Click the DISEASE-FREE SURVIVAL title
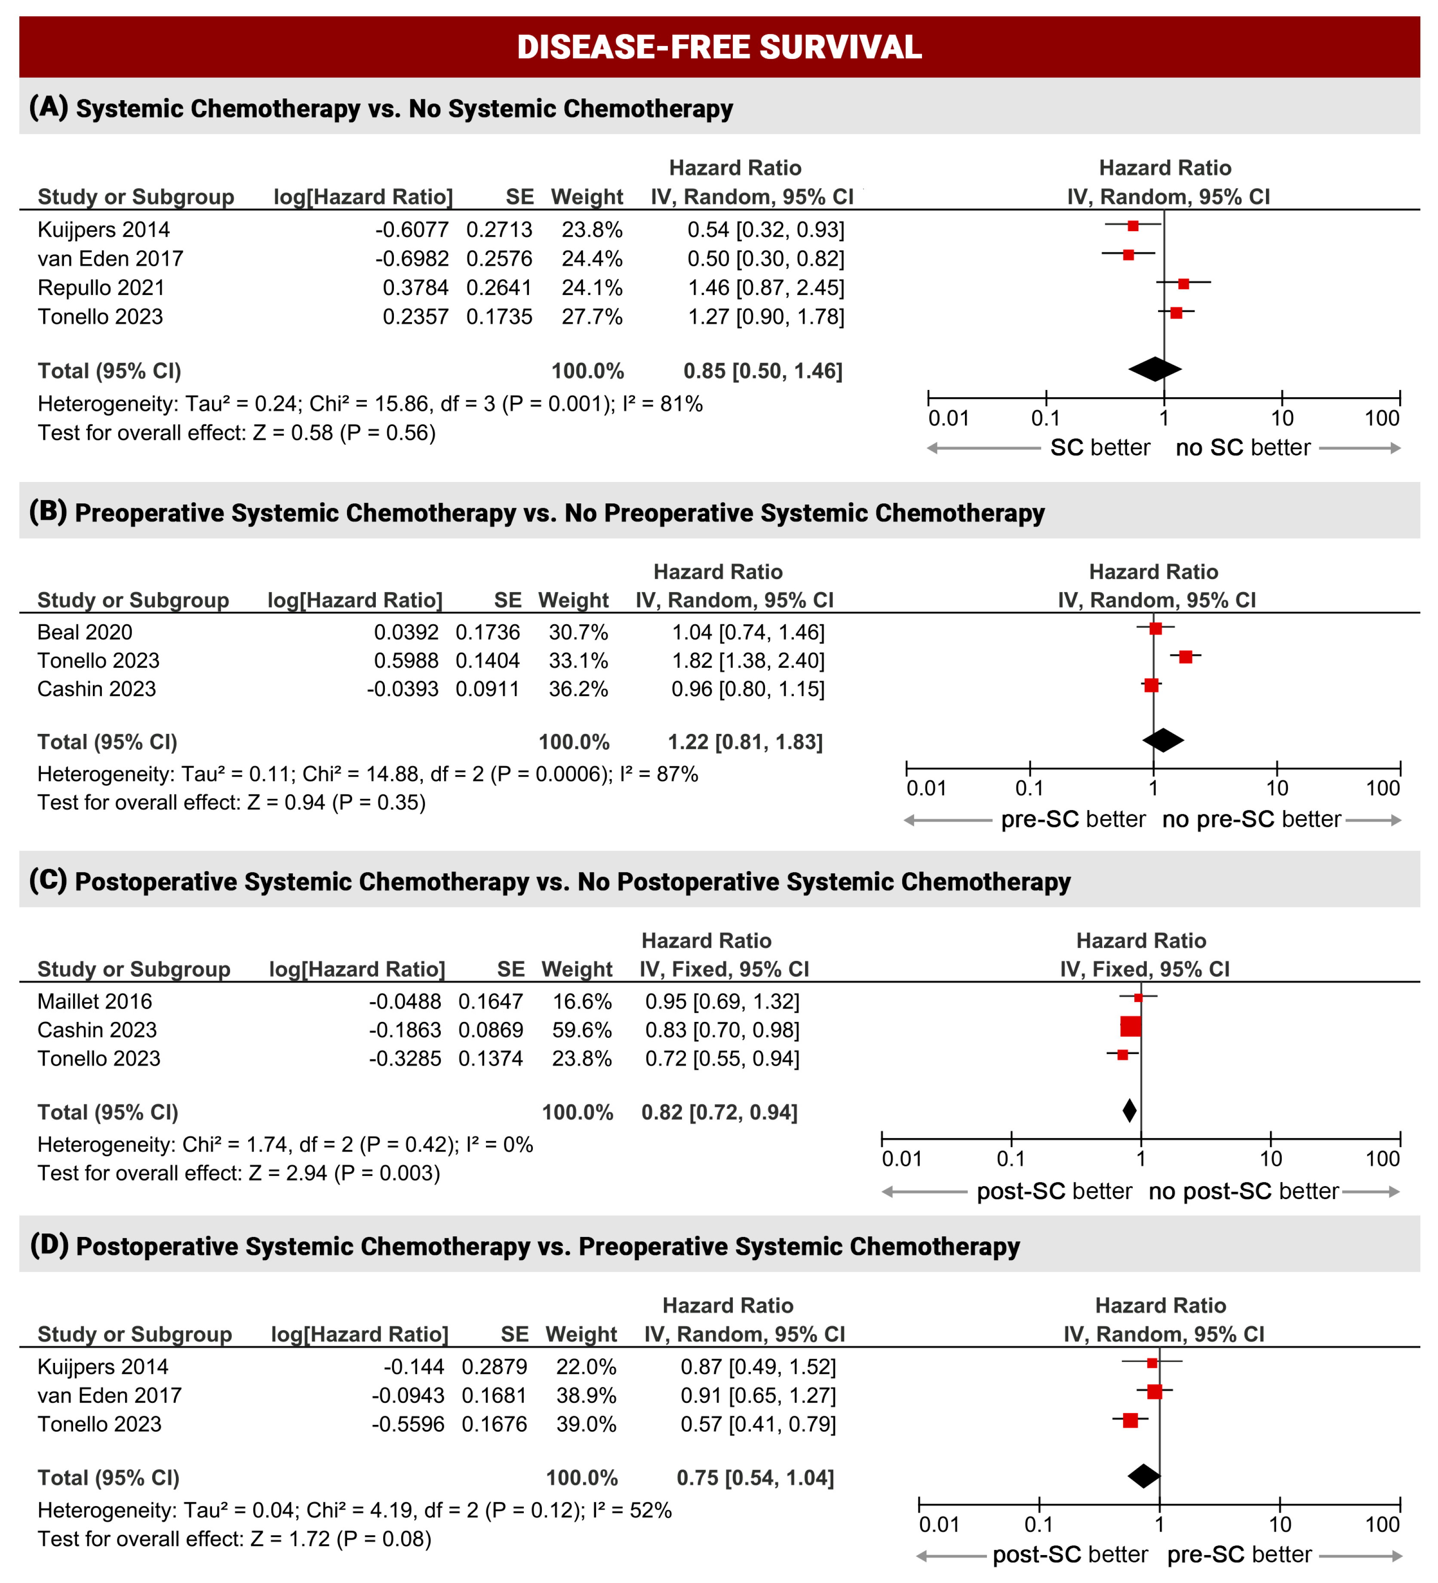pos(719,47)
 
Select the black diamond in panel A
pos(1155,369)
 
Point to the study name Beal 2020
pos(85,632)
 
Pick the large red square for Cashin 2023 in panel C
pos(1130,1026)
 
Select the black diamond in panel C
pos(1129,1111)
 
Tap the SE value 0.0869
pos(490,1030)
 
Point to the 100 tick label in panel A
pos(1382,418)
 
